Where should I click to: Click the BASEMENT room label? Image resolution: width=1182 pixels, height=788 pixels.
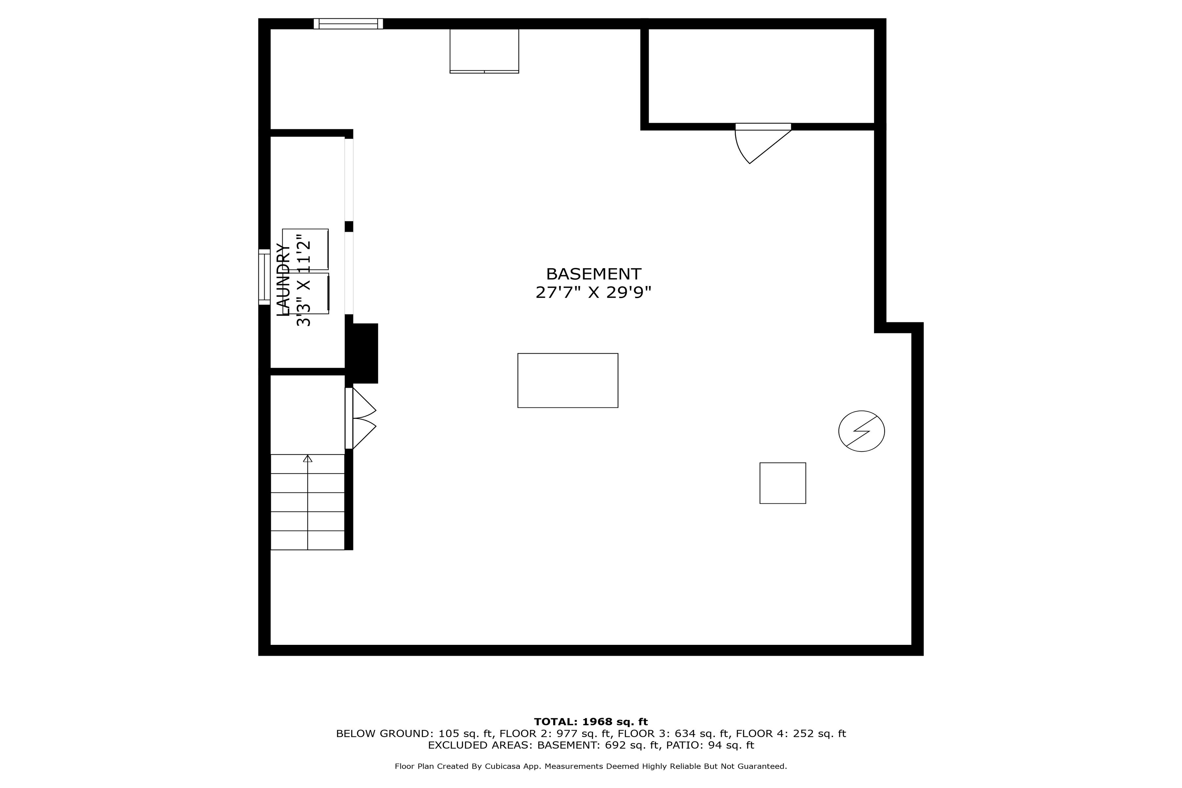click(594, 274)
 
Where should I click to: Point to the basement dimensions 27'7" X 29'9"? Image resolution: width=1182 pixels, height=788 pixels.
click(594, 293)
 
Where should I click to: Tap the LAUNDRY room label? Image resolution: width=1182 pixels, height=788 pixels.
click(284, 280)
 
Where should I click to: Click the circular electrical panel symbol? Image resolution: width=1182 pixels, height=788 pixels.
click(861, 431)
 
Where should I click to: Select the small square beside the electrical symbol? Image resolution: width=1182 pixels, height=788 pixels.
click(782, 483)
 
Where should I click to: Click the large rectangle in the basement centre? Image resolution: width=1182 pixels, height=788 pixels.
click(568, 381)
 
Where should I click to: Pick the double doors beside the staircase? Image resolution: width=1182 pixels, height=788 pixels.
click(361, 418)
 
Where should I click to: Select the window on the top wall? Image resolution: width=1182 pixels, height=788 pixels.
click(348, 24)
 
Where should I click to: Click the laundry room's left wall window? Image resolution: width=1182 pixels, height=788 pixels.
click(264, 277)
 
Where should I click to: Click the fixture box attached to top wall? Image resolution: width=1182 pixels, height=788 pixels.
click(484, 51)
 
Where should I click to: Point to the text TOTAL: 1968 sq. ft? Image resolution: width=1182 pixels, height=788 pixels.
click(591, 722)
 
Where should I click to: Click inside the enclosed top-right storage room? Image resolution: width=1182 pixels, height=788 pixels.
click(761, 76)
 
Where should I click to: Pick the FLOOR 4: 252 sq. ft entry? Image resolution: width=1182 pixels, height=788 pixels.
click(791, 734)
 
